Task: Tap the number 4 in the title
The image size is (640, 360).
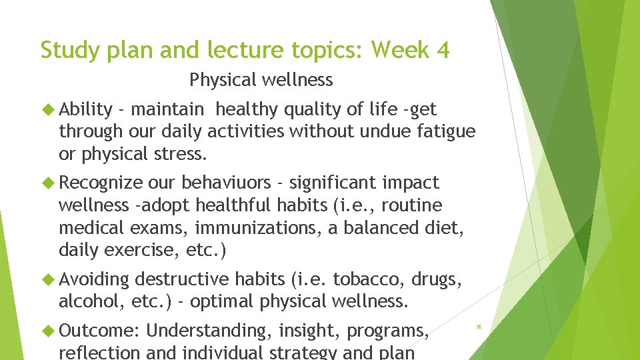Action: coord(443,50)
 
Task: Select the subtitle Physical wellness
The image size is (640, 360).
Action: coord(261,80)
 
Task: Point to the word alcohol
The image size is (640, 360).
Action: coord(83,301)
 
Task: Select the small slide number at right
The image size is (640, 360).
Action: coord(479,326)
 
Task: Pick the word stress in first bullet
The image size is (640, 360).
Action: coord(181,154)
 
